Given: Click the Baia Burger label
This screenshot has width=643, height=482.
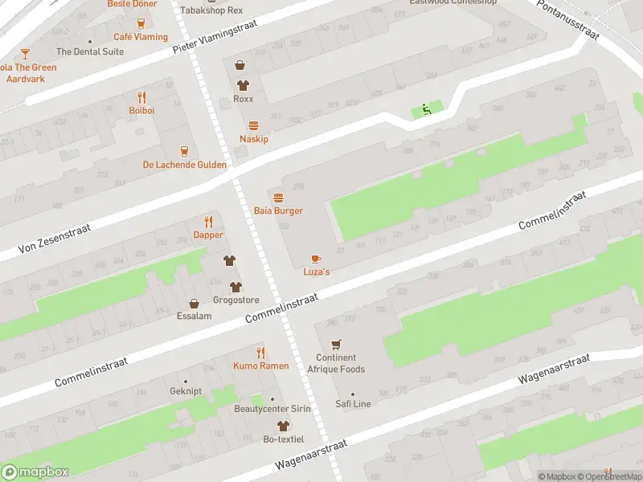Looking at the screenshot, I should [278, 210].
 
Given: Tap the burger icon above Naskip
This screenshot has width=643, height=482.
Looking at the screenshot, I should [254, 125].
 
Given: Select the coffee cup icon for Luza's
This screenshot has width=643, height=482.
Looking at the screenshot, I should [316, 259].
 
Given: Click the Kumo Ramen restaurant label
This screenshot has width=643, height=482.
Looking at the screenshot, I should [260, 366].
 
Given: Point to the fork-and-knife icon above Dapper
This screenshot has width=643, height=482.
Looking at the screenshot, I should [208, 222].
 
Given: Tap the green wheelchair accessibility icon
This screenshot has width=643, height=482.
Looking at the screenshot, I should [426, 110].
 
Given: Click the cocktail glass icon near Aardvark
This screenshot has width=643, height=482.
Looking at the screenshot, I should [25, 54].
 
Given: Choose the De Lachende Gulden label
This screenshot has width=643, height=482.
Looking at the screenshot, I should [185, 165].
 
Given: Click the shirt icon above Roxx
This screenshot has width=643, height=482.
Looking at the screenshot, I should [243, 85].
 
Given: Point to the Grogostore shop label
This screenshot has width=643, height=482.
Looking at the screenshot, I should [235, 300].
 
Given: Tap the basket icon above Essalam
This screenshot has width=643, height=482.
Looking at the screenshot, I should [194, 303].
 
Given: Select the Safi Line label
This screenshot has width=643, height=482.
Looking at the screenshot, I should [353, 404].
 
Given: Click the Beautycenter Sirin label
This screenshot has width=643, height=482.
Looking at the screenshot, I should [272, 409].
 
